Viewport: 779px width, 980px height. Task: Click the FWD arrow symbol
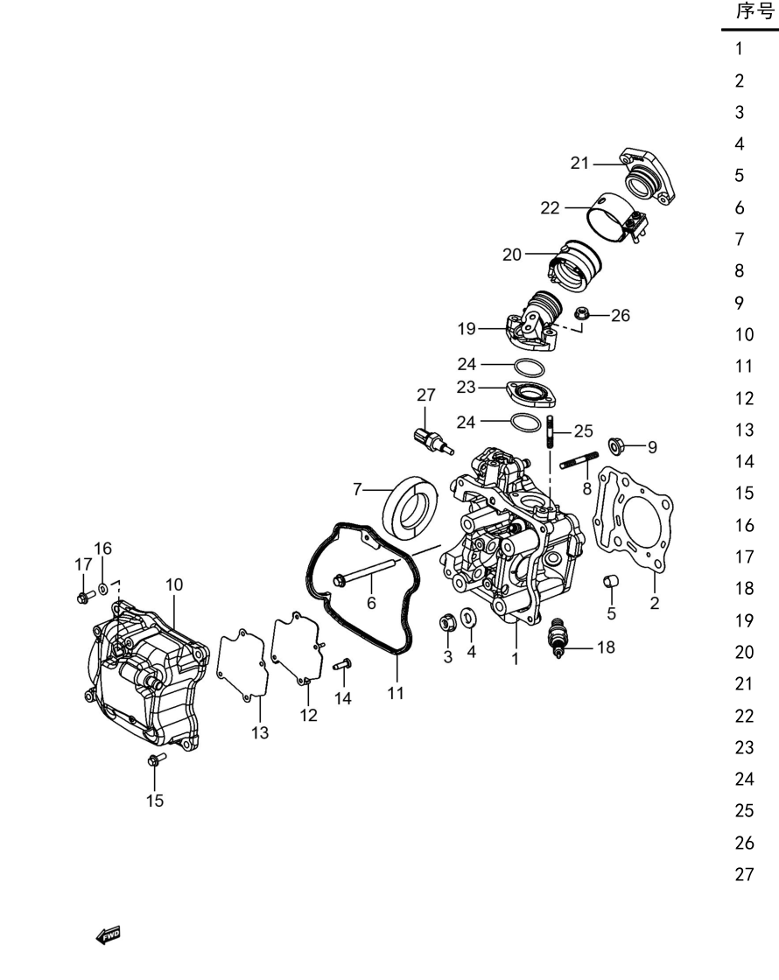coord(108,935)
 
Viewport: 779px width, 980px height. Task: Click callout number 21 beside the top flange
coord(579,163)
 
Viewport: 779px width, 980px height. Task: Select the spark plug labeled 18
coord(557,638)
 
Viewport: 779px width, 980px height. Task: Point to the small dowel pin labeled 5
coord(611,581)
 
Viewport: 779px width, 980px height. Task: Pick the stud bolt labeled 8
coord(579,463)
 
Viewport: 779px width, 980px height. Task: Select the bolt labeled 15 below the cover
coord(157,760)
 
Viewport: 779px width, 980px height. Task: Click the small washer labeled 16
coord(102,589)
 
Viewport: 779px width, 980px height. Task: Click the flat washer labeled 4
coord(468,618)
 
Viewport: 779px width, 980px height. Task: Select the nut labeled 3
coord(447,622)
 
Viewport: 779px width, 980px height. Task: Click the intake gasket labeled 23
coord(530,394)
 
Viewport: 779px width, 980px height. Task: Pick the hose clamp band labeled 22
coord(616,219)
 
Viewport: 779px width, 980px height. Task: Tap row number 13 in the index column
coord(745,430)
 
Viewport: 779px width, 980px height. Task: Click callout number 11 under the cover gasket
coord(395,692)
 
